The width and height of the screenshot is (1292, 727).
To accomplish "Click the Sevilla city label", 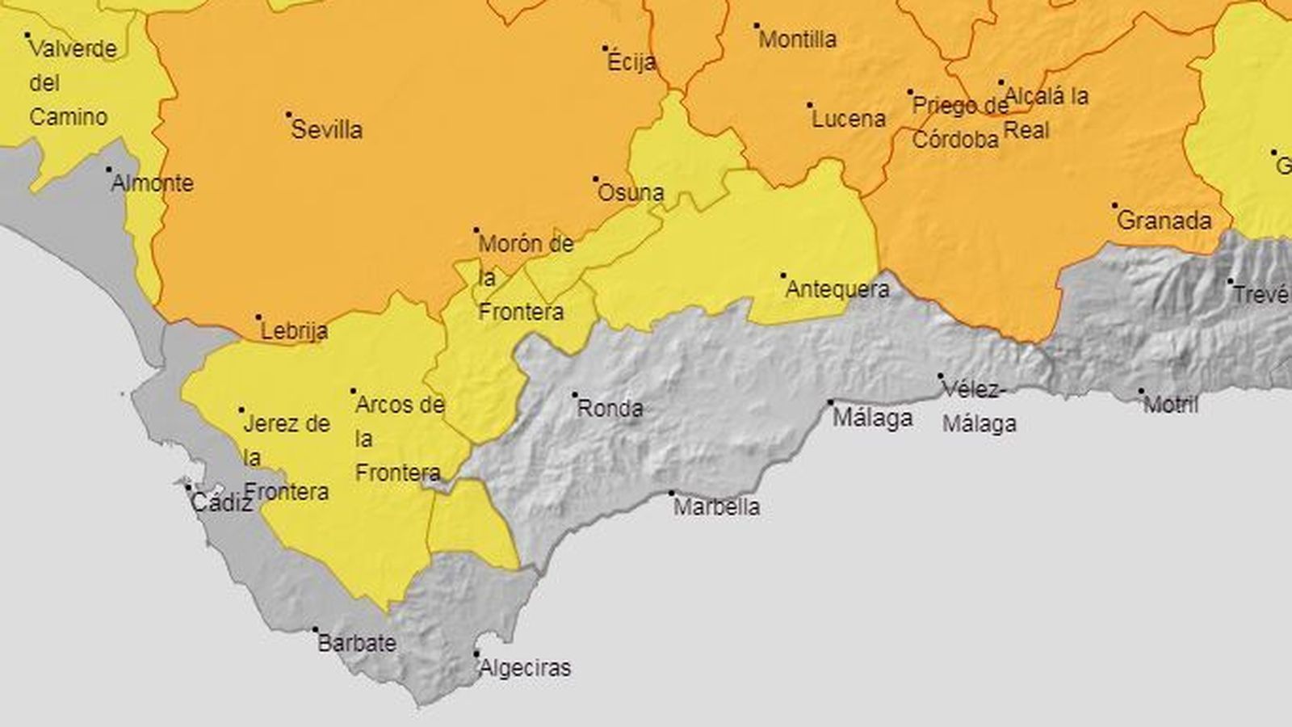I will click(326, 130).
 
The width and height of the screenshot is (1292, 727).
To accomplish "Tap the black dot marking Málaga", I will click(830, 402).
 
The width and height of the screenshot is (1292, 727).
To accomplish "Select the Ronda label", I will click(610, 409).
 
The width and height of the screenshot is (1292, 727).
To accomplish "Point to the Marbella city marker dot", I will click(671, 493).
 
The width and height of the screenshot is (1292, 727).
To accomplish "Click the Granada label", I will click(1164, 221).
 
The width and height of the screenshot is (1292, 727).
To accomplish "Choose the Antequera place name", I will click(837, 289).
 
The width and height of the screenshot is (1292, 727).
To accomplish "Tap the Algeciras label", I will click(525, 668).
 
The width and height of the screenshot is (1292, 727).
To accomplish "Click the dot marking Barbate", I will click(316, 630).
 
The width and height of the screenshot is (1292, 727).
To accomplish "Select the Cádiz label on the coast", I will click(221, 503).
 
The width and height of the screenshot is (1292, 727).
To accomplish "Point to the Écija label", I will click(631, 62).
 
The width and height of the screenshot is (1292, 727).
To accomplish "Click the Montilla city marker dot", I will click(757, 26).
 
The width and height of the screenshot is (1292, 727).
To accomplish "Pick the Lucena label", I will click(849, 119).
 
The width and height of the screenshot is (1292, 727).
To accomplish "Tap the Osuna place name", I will click(631, 193).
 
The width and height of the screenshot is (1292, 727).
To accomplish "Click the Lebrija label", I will click(294, 330).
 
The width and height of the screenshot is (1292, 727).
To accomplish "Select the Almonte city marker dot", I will click(109, 170).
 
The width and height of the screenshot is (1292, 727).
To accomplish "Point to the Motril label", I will click(1171, 405).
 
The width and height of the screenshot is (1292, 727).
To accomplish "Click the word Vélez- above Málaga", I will click(975, 390).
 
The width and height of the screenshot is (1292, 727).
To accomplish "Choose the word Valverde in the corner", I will click(73, 49).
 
